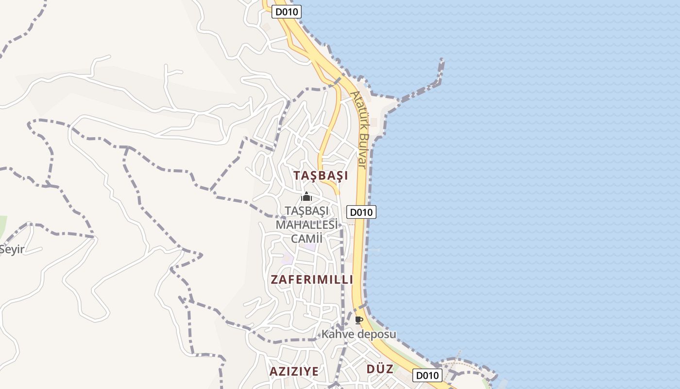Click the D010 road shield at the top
(286, 12)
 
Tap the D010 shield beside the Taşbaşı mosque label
(361, 212)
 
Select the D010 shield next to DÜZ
(427, 375)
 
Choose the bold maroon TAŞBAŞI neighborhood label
(321, 176)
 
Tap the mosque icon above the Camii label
(306, 196)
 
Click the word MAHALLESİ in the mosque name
(306, 225)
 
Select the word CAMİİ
(306, 238)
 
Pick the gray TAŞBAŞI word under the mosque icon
(306, 212)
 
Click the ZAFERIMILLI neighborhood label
(311, 280)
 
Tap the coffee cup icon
(358, 319)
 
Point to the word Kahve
(338, 334)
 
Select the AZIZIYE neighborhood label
(294, 371)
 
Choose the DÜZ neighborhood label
(379, 369)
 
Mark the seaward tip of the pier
(442, 60)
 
